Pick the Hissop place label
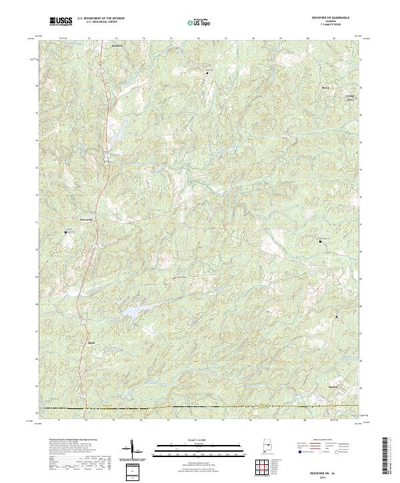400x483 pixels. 326,87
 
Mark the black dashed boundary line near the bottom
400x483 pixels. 200,406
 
